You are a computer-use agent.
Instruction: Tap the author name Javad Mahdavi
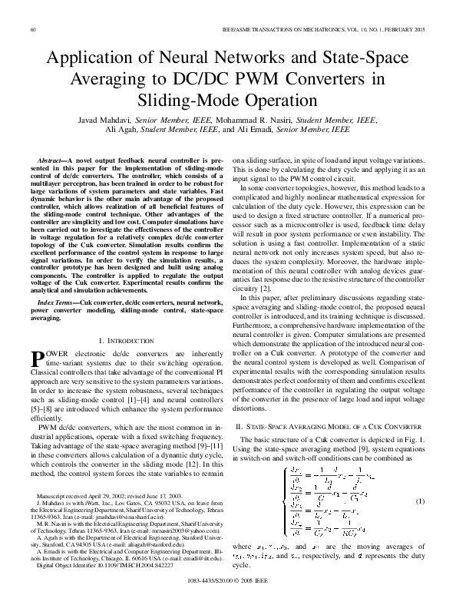tap(104, 121)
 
